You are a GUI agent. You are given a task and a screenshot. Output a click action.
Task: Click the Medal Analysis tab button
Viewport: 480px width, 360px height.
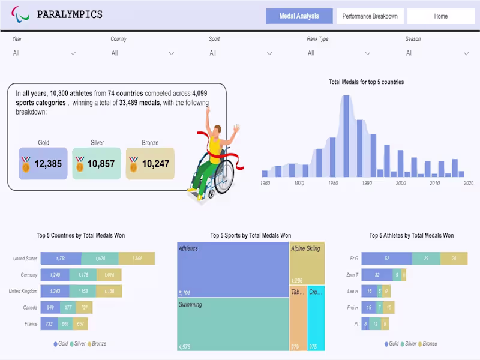pos(299,16)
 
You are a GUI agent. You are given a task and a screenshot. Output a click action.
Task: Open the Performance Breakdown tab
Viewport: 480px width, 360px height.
pos(370,16)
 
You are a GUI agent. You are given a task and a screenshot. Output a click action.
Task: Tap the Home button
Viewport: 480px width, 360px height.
pos(440,16)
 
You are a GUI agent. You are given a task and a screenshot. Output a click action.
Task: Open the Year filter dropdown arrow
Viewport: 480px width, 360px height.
pos(73,53)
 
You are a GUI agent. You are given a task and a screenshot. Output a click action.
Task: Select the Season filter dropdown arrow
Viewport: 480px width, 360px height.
pos(466,53)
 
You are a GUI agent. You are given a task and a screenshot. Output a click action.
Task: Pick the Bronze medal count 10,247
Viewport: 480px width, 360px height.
pos(155,163)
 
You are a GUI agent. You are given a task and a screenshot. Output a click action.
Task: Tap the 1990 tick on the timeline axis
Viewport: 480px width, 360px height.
pos(367,182)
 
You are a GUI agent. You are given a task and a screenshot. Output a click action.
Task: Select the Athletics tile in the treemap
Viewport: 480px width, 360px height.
pos(233,270)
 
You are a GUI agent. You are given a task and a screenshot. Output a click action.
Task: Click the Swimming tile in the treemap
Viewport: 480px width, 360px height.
pos(233,325)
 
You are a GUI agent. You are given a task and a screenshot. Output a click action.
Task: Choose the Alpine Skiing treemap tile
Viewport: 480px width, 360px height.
pos(307,263)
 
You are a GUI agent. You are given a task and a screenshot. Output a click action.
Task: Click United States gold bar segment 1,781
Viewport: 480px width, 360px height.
pos(61,259)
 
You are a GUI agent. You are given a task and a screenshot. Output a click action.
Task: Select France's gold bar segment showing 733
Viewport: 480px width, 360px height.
pos(49,324)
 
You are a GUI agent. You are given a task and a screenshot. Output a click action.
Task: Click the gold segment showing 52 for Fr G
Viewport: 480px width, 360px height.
pos(386,259)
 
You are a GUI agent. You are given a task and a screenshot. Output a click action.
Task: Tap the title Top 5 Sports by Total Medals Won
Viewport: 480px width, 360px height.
pos(250,236)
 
